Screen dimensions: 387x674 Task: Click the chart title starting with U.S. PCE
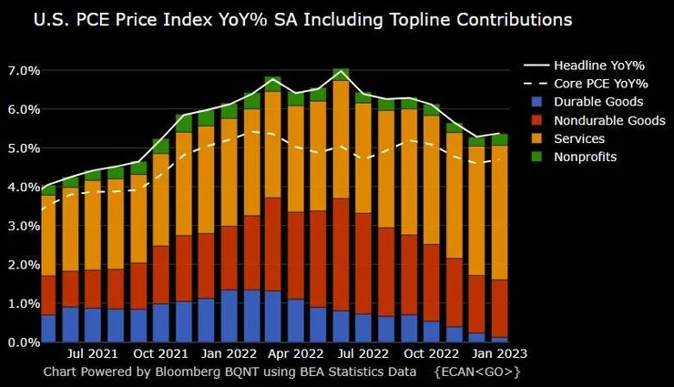[291, 18]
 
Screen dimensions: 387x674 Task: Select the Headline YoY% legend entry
[593, 66]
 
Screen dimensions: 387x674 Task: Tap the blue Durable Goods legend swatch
[538, 102]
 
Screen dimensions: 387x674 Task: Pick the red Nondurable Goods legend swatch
[538, 120]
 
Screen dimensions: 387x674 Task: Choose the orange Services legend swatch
[538, 138]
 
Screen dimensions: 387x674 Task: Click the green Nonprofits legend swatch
[538, 157]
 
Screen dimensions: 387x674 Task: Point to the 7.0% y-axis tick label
[23, 71]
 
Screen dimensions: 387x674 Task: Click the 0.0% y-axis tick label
[23, 342]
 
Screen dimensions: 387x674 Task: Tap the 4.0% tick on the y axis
[23, 188]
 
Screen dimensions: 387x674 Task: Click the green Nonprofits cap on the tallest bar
[341, 75]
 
